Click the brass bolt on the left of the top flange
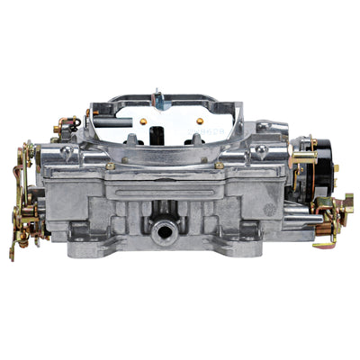(109, 166)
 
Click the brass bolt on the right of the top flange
(220, 166)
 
